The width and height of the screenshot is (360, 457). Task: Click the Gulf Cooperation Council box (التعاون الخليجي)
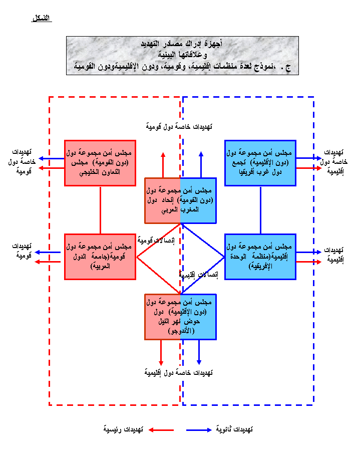pos(100,163)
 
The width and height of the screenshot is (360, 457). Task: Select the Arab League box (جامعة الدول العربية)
pos(100,257)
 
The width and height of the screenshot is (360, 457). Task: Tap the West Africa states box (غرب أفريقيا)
pos(260,163)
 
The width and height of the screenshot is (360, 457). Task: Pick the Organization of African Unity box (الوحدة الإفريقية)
pos(260,257)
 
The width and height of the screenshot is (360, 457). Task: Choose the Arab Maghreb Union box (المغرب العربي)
pos(180,200)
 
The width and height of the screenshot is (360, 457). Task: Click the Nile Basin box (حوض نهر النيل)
pos(180,317)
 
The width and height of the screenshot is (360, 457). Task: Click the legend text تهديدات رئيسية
pos(124,430)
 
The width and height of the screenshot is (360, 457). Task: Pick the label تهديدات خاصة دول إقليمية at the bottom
pos(178,372)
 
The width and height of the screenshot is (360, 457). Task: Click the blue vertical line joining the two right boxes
pos(260,210)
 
